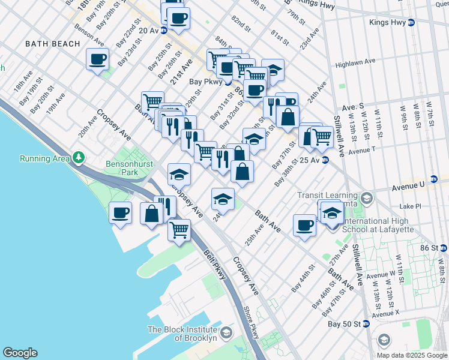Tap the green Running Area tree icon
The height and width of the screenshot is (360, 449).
pos(78,158)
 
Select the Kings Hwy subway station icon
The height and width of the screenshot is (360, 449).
pos(411,22)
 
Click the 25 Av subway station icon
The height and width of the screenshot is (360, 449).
pos(325,160)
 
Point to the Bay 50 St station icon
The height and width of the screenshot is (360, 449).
pos(366,324)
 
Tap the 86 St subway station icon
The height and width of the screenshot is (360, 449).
pos(442,248)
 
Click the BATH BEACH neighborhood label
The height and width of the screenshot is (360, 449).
pos(52,44)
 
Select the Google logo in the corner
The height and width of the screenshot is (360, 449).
pos(20,353)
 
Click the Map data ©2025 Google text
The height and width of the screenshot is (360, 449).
pos(411,355)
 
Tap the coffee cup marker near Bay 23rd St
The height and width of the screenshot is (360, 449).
pos(98,59)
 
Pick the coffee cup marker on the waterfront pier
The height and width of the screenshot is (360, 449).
pos(120,212)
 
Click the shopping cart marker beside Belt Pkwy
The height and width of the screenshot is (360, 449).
pos(179,229)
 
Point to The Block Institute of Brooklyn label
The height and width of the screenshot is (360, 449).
pos(182,334)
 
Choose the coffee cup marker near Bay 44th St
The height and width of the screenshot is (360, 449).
pos(305,225)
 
